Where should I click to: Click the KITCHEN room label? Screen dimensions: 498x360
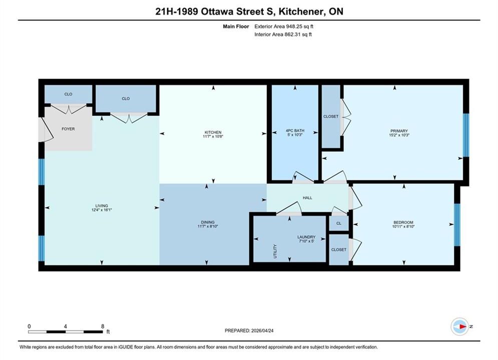(x=213, y=132)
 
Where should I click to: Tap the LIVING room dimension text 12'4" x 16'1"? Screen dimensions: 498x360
(x=102, y=210)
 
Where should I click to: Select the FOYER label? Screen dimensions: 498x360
(x=68, y=129)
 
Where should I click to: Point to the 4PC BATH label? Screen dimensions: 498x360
(x=295, y=130)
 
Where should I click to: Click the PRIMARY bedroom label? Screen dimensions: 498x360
(x=399, y=130)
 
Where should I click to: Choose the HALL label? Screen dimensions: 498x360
(x=307, y=198)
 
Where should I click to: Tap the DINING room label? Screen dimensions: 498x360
(x=208, y=222)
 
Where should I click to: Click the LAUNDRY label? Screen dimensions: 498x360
(x=306, y=237)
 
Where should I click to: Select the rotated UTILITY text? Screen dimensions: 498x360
(x=275, y=251)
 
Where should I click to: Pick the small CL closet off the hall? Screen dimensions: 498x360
(x=339, y=223)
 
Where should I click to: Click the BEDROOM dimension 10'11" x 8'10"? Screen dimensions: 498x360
(x=403, y=226)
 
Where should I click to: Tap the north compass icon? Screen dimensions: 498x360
(x=460, y=326)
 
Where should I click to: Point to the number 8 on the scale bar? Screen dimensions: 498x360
(x=103, y=326)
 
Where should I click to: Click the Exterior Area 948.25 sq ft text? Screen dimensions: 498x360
(x=284, y=26)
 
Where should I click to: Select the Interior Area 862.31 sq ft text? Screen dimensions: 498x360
(x=283, y=34)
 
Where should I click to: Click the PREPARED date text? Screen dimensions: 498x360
(x=249, y=330)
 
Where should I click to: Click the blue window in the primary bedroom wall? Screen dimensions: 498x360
(x=466, y=135)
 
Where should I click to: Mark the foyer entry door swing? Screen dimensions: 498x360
(x=46, y=129)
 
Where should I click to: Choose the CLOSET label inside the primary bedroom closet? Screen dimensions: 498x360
(x=331, y=116)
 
